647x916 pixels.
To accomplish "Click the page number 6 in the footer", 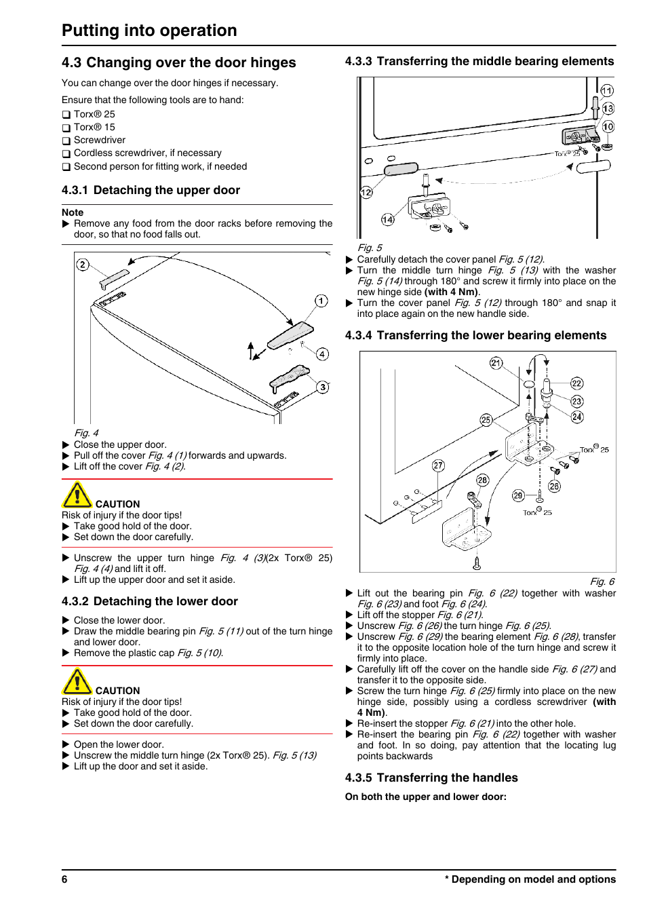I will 64,879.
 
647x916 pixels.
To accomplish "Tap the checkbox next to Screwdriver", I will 66,141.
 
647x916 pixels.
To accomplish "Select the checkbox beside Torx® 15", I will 66,128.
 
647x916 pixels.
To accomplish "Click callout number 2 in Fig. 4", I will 83,265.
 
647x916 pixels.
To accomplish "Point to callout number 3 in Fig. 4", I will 323,387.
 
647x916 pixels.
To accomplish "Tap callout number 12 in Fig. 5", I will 366,193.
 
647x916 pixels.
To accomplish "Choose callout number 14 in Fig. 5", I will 387,219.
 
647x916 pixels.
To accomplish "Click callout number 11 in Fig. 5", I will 607,90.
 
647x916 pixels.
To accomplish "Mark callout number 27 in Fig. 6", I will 438,465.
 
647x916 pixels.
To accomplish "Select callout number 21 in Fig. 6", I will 496,363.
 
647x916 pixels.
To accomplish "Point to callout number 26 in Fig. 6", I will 554,486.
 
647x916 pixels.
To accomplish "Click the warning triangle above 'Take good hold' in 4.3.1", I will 77,495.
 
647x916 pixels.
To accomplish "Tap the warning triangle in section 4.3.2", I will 77,682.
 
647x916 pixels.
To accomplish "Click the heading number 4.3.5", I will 358,778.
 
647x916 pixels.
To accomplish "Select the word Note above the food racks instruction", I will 73,212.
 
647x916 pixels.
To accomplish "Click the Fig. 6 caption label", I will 602,581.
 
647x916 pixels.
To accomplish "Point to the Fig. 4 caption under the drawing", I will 86,433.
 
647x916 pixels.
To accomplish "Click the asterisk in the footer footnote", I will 447,879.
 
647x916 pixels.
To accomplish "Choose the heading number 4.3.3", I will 358,61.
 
